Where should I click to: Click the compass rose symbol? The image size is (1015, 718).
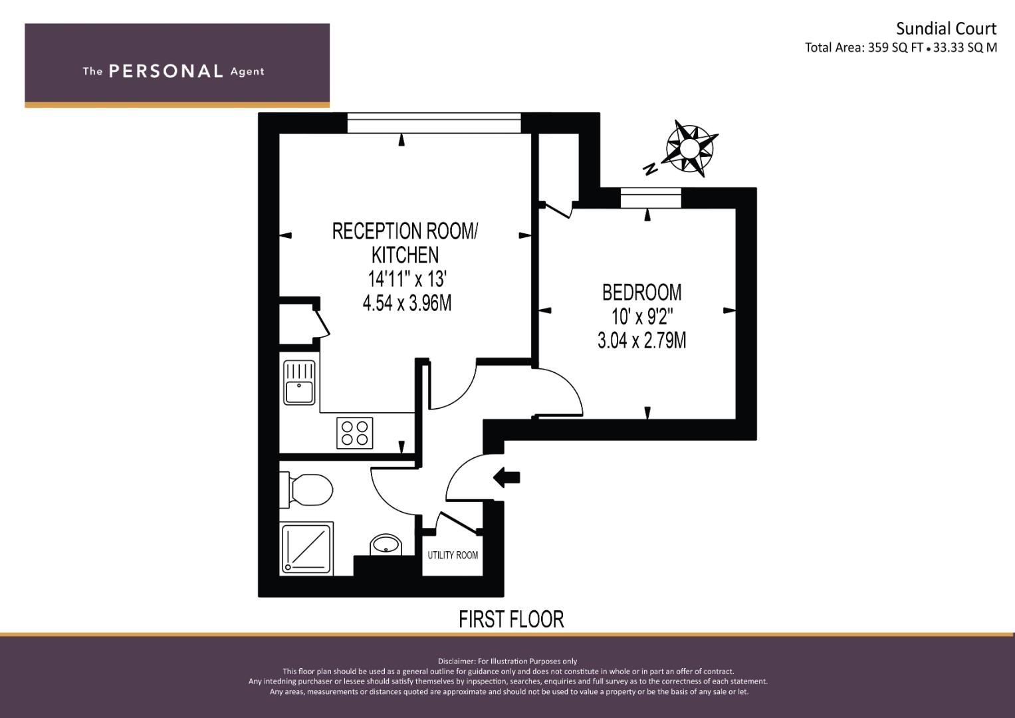690,148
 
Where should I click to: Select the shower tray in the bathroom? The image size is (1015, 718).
307,548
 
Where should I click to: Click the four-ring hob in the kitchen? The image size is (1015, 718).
354,433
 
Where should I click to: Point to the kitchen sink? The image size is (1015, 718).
299,382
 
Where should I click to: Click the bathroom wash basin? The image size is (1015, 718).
386,544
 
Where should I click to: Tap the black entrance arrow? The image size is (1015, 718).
506,477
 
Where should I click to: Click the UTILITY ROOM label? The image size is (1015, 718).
453,555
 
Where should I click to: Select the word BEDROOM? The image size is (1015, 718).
641,293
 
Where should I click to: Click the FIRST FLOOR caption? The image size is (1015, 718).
511,619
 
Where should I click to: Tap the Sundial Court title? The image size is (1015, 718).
946,29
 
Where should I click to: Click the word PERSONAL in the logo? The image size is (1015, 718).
166,71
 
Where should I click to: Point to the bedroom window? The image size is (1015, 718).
651,198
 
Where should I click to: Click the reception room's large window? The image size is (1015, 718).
434,123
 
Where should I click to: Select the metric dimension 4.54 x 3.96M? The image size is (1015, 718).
407,302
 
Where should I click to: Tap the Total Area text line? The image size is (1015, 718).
901,48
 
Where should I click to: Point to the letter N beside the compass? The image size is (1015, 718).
651,169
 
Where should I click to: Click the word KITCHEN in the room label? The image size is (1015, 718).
405,255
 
